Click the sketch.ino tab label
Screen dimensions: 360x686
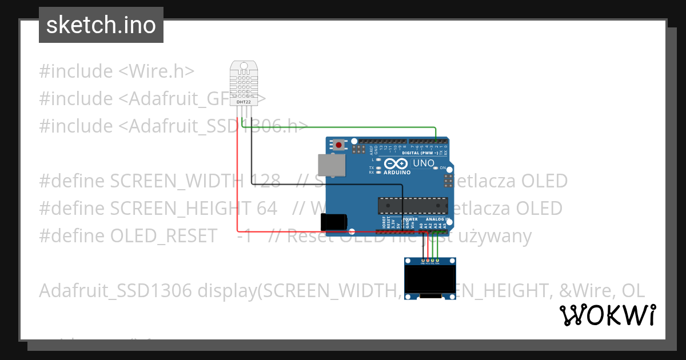pos(101,25)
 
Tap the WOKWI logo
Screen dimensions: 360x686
pos(607,315)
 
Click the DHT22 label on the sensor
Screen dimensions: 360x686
pos(244,102)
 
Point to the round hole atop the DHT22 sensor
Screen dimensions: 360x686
pos(244,67)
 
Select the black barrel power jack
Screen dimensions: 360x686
pos(334,222)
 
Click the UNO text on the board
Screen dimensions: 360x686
pos(424,163)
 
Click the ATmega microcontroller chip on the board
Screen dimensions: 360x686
pos(412,204)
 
